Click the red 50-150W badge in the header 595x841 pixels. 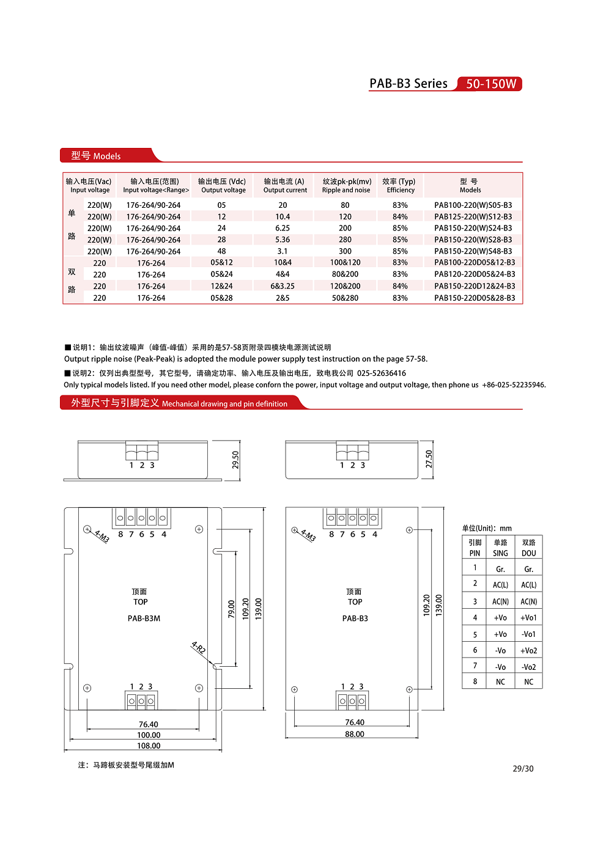point(490,84)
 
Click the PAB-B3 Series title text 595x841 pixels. point(408,84)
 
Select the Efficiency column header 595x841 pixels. point(400,186)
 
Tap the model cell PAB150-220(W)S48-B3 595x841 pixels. point(473,251)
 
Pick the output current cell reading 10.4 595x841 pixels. point(283,216)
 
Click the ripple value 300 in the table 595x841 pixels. point(345,251)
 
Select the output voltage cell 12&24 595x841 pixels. point(221,286)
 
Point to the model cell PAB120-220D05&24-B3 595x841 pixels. point(475,274)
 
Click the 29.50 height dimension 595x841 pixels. point(235,460)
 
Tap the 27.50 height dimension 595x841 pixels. point(429,459)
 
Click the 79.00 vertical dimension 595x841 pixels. point(232,609)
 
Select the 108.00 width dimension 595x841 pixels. point(149,746)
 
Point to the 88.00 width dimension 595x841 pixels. point(355,734)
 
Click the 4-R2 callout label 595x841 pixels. point(199,648)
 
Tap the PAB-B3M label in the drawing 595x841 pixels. point(144,619)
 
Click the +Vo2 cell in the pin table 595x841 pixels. point(528,651)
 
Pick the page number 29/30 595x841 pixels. point(523,769)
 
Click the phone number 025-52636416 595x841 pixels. point(382,373)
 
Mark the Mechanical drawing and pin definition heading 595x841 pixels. point(224,403)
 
